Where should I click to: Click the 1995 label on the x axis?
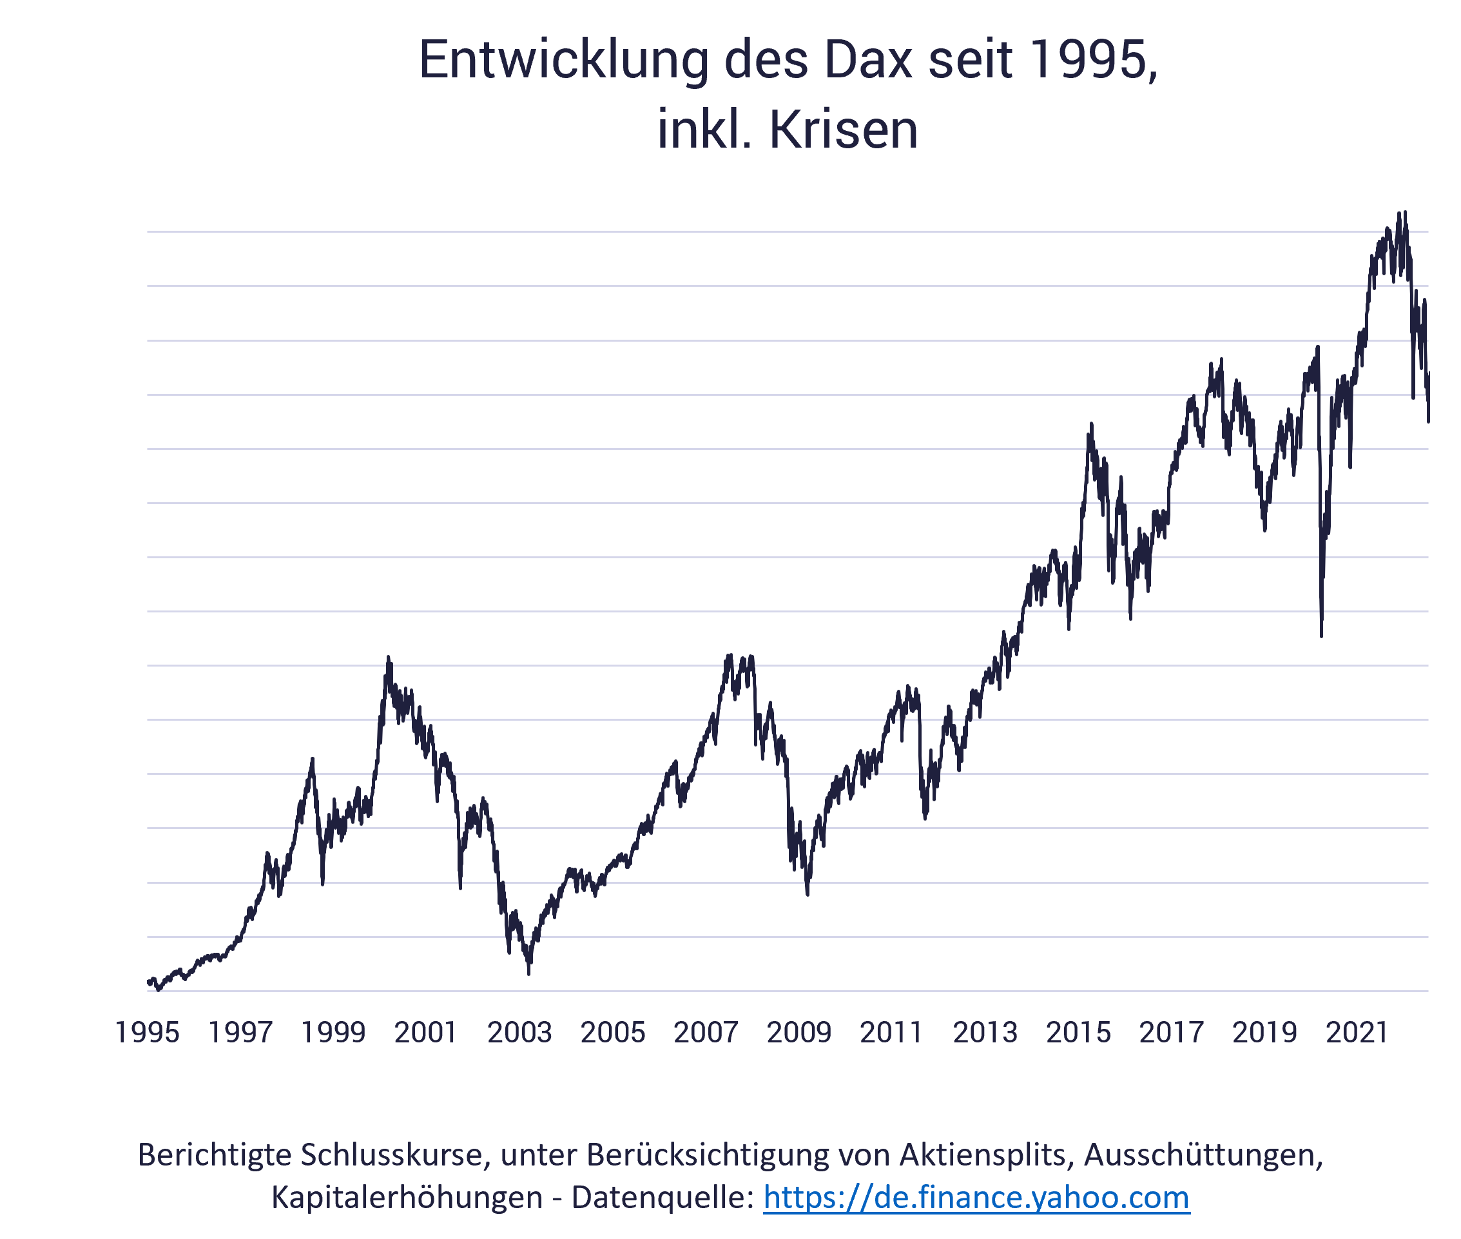click(147, 1033)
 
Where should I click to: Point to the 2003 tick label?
click(519, 1033)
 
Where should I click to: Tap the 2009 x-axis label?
click(799, 1033)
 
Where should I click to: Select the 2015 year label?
click(1078, 1033)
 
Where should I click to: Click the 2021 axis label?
click(1357, 1033)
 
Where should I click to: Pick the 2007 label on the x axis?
click(706, 1033)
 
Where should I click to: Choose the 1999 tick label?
click(333, 1033)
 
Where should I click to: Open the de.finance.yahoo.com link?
click(976, 1198)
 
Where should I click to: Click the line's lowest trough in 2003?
click(528, 973)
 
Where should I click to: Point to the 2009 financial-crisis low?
click(808, 895)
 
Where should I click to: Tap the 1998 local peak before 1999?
click(313, 759)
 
